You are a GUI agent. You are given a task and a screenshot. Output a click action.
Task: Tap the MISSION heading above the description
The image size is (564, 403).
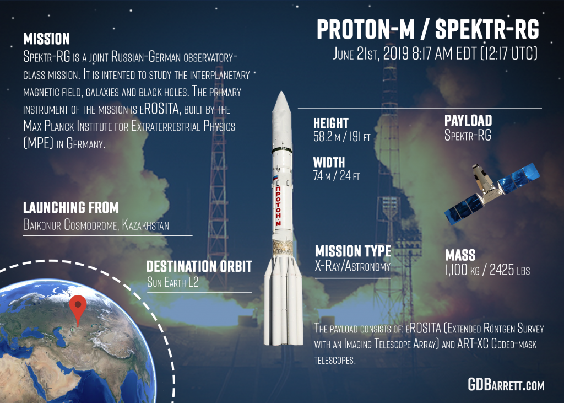(46, 39)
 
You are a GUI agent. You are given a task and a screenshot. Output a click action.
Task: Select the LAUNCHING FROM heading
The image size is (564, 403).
(71, 207)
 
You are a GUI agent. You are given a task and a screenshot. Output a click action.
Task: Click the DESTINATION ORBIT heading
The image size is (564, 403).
(199, 266)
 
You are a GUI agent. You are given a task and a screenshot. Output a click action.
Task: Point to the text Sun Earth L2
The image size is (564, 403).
(172, 282)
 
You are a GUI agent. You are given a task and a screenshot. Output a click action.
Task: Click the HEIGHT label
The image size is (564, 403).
(330, 123)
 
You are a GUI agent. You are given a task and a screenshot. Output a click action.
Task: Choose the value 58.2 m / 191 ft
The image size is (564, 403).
(341, 137)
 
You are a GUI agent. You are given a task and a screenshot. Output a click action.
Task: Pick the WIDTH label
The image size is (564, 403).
(329, 163)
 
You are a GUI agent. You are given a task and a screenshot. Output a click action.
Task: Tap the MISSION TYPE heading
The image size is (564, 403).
(353, 251)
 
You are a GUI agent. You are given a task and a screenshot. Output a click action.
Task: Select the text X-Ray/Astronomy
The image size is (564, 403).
(352, 266)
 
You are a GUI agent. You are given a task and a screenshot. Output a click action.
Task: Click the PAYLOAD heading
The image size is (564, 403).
(468, 121)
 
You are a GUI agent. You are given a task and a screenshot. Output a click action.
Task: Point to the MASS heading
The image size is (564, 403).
(460, 255)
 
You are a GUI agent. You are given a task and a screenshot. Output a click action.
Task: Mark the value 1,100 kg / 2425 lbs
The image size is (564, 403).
(487, 270)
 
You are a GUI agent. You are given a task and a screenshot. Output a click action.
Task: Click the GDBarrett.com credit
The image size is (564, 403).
(506, 385)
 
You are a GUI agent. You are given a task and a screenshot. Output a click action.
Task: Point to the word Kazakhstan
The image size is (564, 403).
(145, 225)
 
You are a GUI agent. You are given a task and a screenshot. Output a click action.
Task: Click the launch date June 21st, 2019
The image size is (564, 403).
(371, 53)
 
